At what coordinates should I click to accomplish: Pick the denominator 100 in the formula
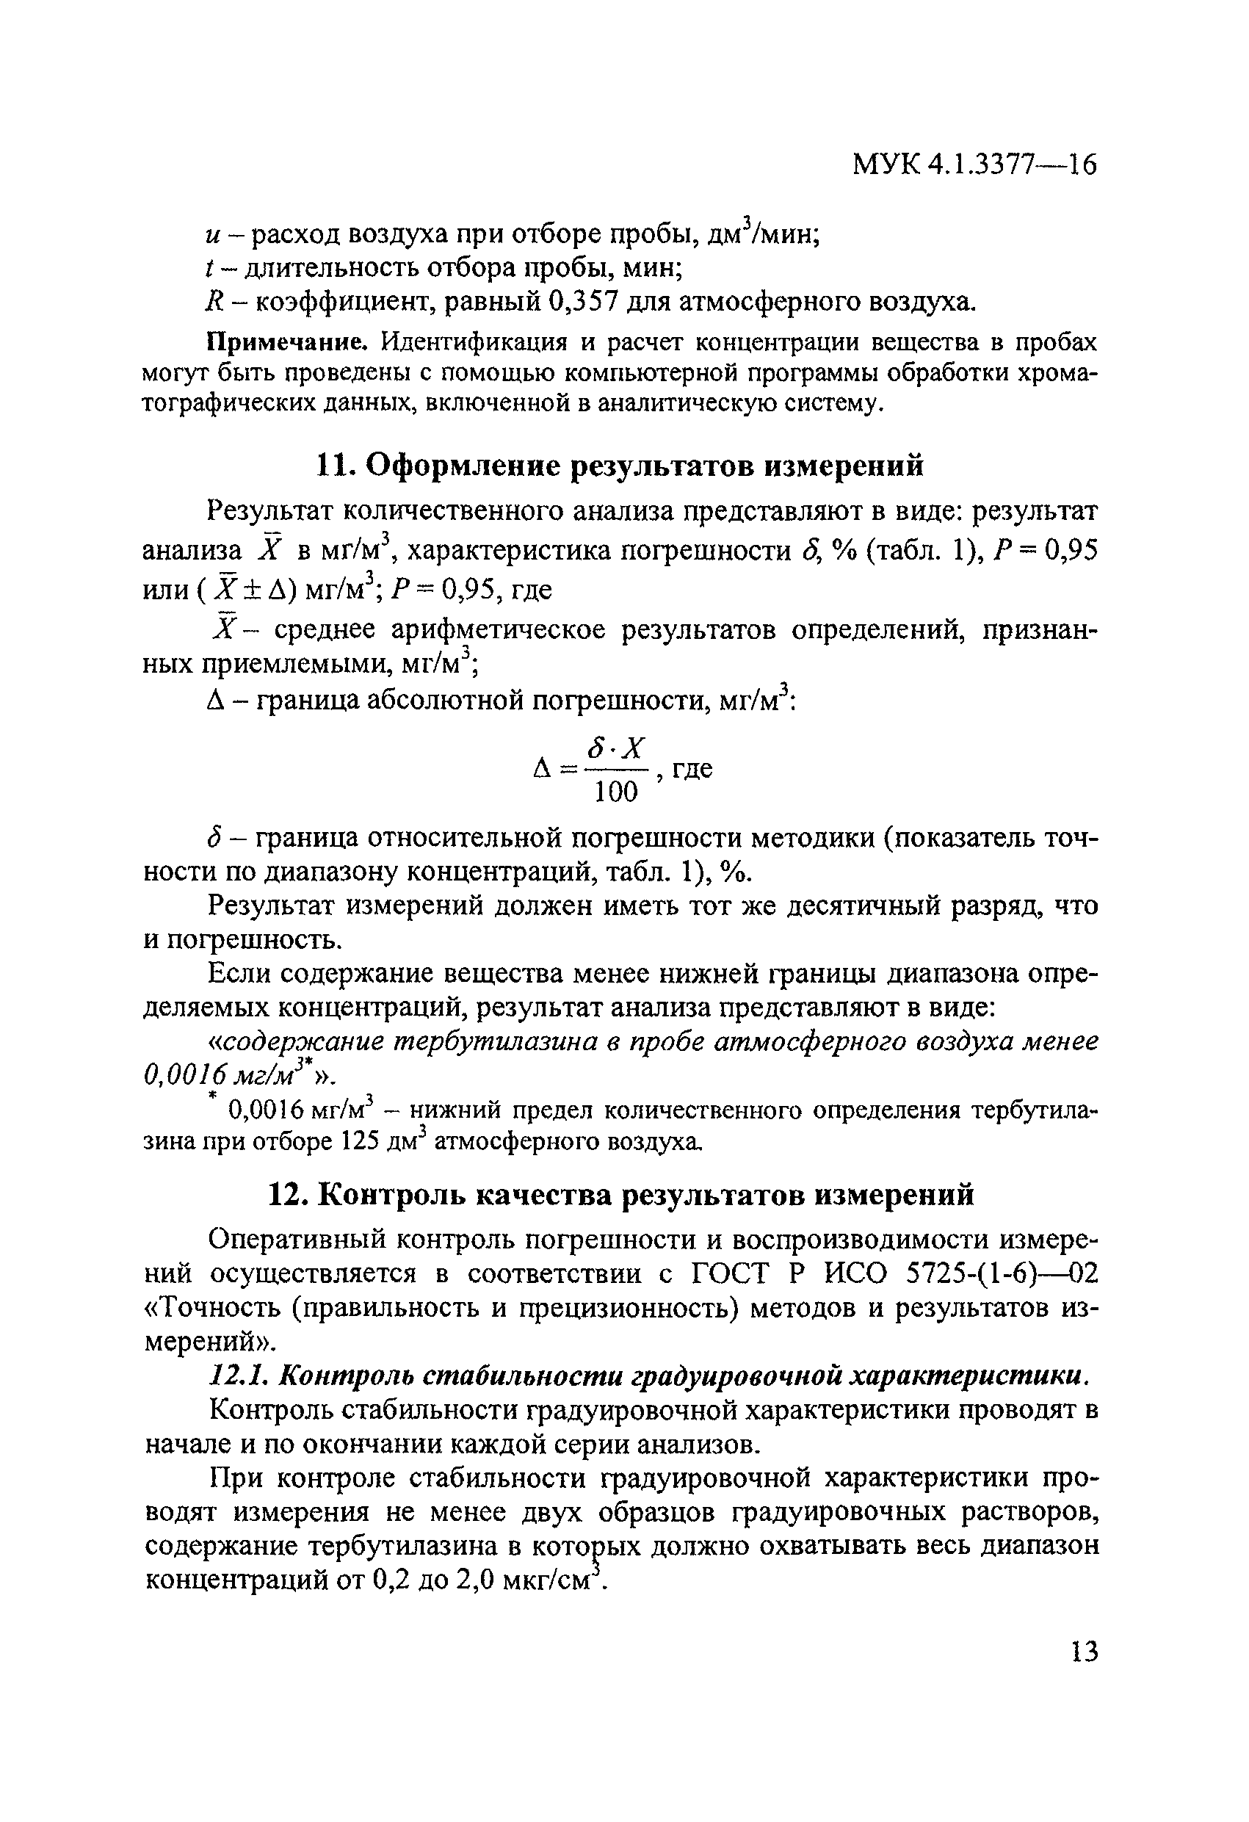click(616, 793)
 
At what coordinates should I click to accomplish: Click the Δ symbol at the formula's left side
click(543, 770)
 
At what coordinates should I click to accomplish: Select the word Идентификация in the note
click(474, 343)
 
